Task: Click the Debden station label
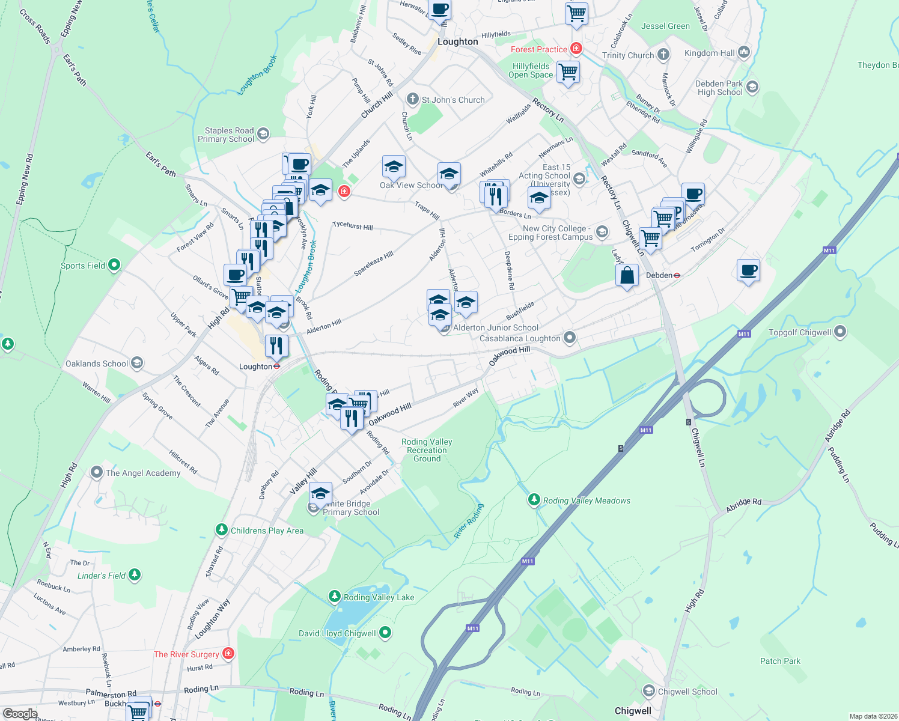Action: (659, 275)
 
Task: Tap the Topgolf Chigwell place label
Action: (800, 332)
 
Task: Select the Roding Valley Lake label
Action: (379, 597)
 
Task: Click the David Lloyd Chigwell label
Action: (337, 633)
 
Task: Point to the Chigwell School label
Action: (687, 692)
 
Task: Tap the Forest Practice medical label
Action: (539, 49)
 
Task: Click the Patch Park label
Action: (780, 661)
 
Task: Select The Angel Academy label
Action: (143, 473)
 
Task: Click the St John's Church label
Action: (453, 100)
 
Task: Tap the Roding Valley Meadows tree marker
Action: (534, 500)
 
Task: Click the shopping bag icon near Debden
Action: (627, 276)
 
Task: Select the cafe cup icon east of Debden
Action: (748, 270)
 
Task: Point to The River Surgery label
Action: (186, 654)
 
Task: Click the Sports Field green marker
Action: (114, 265)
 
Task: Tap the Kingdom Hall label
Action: (709, 53)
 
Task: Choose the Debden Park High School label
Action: (719, 88)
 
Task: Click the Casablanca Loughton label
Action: (520, 338)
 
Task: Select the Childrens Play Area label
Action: (267, 531)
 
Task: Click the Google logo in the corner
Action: (20, 714)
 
